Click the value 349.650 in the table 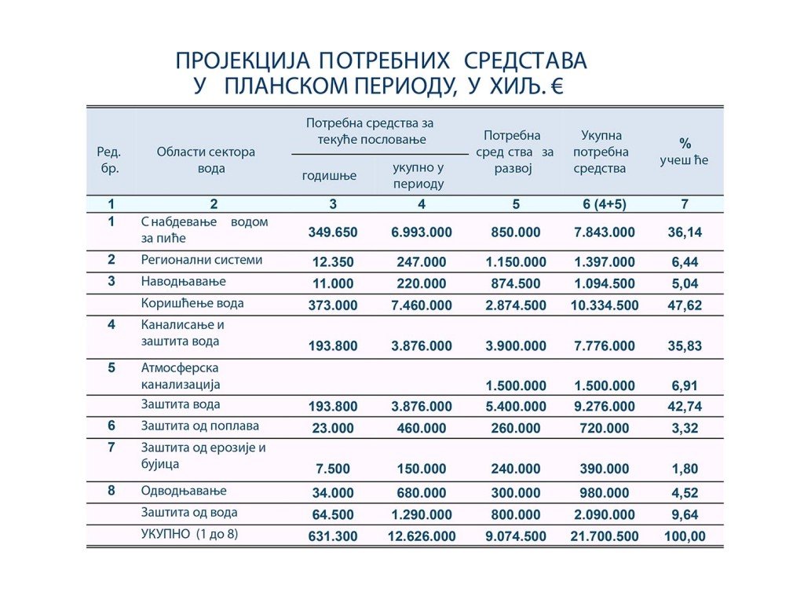click(333, 232)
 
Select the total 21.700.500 click(604, 536)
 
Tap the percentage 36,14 click(685, 232)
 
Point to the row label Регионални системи click(202, 259)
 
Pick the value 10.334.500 click(604, 305)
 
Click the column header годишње click(329, 176)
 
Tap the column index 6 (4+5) click(604, 204)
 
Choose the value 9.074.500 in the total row click(515, 536)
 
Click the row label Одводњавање click(184, 491)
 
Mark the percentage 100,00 click(685, 536)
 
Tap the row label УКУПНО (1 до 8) click(189, 534)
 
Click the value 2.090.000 click(604, 515)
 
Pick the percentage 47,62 click(685, 305)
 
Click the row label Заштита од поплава click(199, 426)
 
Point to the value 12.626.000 click(422, 536)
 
